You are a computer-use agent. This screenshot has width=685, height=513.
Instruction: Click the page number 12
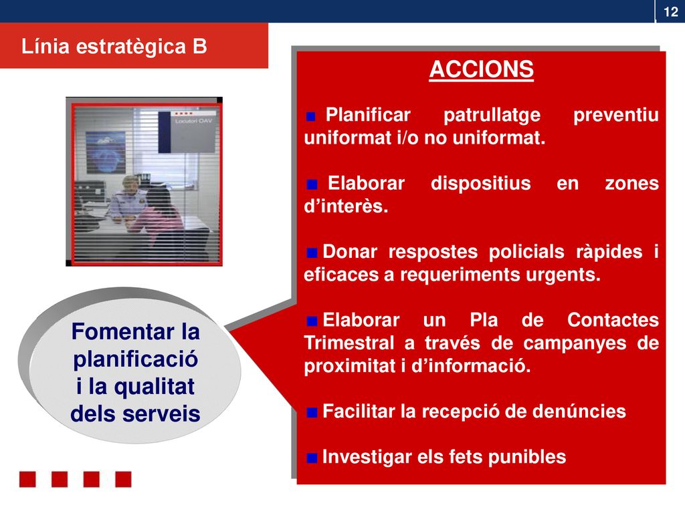pos(670,11)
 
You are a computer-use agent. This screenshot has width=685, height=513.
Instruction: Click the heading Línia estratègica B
pos(114,46)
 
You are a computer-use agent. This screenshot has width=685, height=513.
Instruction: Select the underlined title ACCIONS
pos(481,69)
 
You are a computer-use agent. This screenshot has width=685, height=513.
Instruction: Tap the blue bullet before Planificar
pos(311,116)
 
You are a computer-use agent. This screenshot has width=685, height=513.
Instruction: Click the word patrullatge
pos(492,115)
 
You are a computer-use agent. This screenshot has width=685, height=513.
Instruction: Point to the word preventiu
pos(616,114)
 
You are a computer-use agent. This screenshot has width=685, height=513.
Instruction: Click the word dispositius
pos(480,183)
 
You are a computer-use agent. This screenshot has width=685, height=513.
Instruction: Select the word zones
pos(631,184)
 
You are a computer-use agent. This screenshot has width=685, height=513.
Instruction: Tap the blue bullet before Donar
pos(312,253)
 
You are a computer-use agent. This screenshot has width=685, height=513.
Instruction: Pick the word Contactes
pos(613,320)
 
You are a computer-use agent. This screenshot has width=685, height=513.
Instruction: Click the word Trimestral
pos(349,343)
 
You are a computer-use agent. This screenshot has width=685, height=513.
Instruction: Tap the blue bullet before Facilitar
pos(312,412)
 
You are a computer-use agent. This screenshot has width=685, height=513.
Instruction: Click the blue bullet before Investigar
pos(312,458)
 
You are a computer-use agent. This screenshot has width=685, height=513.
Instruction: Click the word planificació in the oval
pos(135,359)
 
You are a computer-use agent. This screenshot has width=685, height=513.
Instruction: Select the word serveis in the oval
pos(161,413)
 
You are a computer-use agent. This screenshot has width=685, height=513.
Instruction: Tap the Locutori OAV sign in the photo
pos(187,132)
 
